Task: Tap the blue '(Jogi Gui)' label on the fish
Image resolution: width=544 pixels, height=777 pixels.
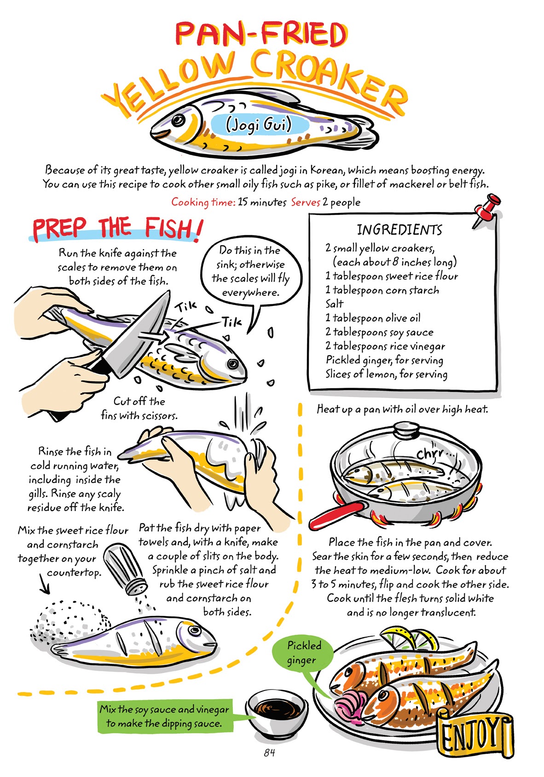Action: [x=259, y=125]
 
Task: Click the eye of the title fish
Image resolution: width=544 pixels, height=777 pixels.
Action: [x=178, y=121]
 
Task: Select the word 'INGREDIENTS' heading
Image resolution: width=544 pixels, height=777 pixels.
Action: [x=399, y=230]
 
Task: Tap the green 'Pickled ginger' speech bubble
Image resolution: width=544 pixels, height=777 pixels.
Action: [x=302, y=653]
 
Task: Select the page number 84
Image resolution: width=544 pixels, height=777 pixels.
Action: [x=269, y=753]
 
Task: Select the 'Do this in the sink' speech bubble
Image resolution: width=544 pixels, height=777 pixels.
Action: [x=251, y=271]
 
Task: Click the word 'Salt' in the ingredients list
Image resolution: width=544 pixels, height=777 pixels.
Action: [x=334, y=304]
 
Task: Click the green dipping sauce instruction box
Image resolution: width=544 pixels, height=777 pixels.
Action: [x=164, y=716]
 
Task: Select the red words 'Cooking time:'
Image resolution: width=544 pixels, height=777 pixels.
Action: [x=203, y=202]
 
